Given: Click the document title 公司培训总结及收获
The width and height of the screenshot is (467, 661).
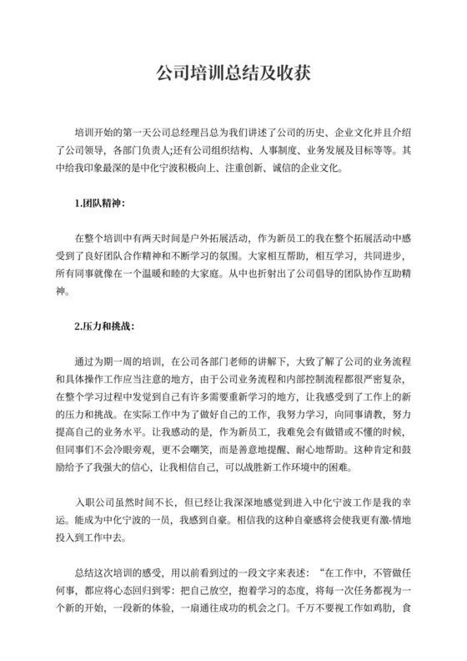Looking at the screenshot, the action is (233, 73).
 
